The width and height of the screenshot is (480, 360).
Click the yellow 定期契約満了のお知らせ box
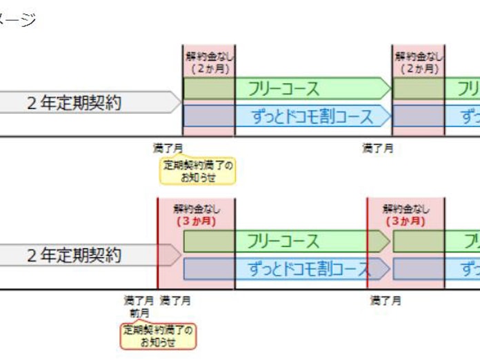tap(198, 171)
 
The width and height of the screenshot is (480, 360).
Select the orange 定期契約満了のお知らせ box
tap(158, 335)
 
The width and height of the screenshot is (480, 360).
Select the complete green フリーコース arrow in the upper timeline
tap(287, 89)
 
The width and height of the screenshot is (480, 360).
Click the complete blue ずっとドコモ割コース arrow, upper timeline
tap(287, 116)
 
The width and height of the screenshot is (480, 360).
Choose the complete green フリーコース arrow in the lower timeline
tap(287, 241)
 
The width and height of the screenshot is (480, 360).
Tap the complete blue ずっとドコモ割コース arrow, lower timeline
tap(287, 268)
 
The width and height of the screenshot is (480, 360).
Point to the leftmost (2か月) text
tap(209, 68)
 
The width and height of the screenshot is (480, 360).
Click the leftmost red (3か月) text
tap(197, 221)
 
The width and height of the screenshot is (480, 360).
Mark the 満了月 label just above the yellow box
tap(168, 148)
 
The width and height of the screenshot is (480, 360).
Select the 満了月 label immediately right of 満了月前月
tap(175, 301)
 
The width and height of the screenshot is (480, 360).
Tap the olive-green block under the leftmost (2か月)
tap(209, 89)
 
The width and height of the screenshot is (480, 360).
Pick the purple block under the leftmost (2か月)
tap(209, 116)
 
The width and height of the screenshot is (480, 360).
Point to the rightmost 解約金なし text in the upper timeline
tap(419, 56)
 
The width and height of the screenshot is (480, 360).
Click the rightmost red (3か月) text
tap(406, 221)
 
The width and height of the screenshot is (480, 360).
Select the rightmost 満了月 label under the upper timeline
tap(378, 148)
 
